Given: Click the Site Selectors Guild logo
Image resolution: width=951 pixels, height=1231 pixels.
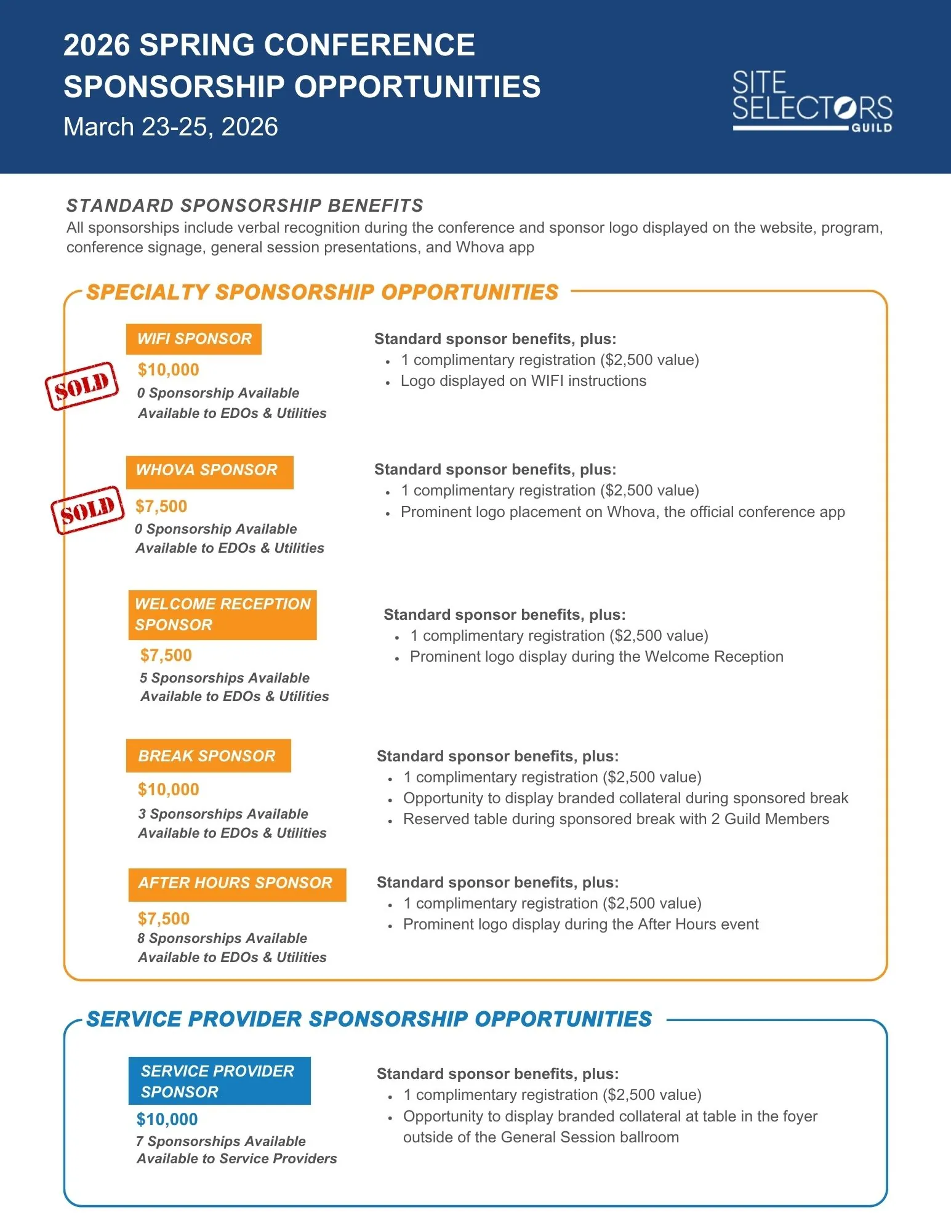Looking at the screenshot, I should coord(811,102).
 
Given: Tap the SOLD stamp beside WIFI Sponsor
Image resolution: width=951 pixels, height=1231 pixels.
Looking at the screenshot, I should coord(81,385).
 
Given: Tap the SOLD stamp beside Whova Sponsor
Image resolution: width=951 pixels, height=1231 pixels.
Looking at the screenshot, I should coord(87,510).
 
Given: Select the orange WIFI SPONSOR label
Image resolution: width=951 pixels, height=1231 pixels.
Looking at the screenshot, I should coord(194,339).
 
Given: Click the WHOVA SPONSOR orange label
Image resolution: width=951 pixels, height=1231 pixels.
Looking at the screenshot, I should coord(209,471).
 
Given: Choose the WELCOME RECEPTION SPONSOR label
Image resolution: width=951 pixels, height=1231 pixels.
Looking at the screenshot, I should coord(222,614).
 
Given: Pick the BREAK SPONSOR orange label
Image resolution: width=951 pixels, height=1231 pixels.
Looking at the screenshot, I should coord(208,756).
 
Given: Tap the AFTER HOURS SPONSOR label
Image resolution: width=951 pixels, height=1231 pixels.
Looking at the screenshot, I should coord(237,884).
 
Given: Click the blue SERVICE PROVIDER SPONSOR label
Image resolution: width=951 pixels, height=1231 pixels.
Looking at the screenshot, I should coord(219,1081).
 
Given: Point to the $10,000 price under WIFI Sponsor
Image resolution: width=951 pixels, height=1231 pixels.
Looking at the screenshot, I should coord(169,370).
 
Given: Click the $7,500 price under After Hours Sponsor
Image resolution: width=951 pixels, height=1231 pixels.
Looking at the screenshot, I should coord(164,918).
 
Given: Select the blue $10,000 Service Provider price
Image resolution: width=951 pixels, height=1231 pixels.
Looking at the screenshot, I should coord(167,1119).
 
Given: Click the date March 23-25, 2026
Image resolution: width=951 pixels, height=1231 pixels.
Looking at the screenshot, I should coord(171,127).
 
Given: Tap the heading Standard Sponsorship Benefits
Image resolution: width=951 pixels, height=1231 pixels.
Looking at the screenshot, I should coord(245,206).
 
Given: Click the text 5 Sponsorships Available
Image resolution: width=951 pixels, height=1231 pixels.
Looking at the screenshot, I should coord(225,678).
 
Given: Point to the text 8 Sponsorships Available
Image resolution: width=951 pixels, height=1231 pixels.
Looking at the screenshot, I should coord(222,938).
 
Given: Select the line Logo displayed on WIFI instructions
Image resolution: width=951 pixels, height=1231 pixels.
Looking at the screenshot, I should coord(523,381).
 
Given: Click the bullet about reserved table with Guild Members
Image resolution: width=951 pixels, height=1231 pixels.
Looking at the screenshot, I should coord(616,819).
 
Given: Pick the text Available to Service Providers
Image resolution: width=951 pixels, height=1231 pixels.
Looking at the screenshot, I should coord(237,1158).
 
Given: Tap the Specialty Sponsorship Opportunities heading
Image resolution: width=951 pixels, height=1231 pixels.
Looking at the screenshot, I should coord(323,292).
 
